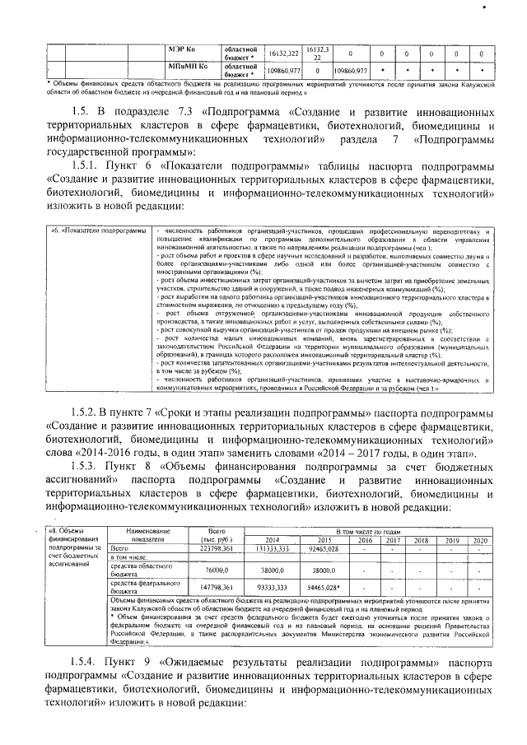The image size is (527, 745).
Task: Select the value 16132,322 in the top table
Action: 283,52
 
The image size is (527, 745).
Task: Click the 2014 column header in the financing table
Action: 272,540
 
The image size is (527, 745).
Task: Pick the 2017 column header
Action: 394,540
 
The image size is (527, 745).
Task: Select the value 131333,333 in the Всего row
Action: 272,548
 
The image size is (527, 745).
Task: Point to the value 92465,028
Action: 324,548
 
